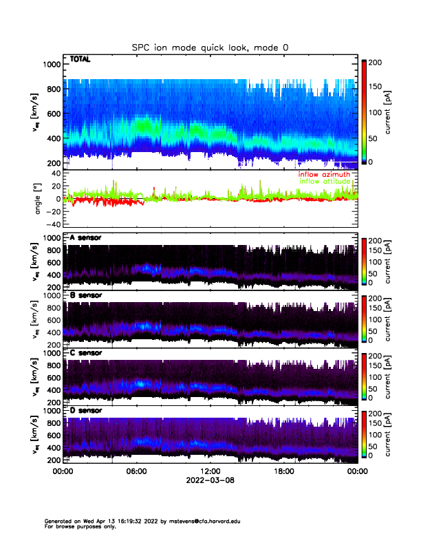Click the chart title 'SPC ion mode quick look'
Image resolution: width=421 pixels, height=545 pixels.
coord(210,47)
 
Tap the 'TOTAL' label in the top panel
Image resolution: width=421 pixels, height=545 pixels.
coord(80,60)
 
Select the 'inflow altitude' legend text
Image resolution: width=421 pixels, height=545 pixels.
coord(324,181)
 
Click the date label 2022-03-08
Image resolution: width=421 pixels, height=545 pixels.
coord(210,480)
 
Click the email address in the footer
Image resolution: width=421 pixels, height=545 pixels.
coord(201,521)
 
